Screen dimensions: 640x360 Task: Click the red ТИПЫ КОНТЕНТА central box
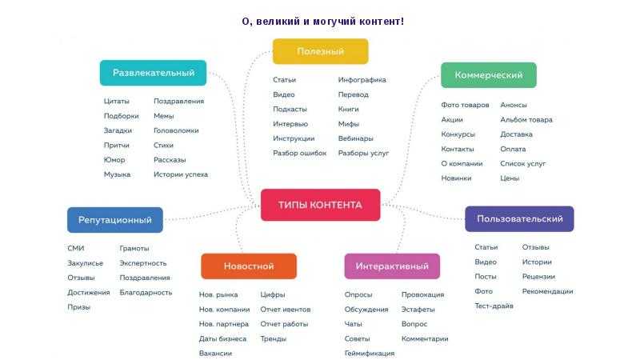click(x=321, y=205)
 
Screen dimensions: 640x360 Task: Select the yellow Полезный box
click(x=321, y=51)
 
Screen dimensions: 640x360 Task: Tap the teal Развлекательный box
click(x=153, y=73)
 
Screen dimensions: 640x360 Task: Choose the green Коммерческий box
click(x=489, y=75)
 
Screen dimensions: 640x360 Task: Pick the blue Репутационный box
click(x=115, y=220)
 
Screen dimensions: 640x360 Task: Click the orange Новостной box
click(x=249, y=266)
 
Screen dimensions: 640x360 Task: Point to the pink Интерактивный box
click(x=392, y=266)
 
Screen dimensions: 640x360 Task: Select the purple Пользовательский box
click(x=519, y=218)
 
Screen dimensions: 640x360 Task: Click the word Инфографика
click(x=362, y=80)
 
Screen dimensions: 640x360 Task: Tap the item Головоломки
click(x=176, y=130)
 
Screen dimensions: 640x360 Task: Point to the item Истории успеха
click(x=181, y=174)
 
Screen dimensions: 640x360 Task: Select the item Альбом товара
click(x=526, y=120)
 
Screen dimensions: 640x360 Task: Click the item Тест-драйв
click(x=494, y=306)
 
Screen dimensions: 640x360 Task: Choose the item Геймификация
click(x=370, y=354)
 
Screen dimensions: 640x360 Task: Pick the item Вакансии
click(x=215, y=354)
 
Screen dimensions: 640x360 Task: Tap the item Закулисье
click(x=85, y=263)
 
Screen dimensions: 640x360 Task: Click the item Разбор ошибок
click(x=299, y=154)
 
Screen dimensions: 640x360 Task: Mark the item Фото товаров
click(x=465, y=105)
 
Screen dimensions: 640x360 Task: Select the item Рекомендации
click(x=547, y=291)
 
